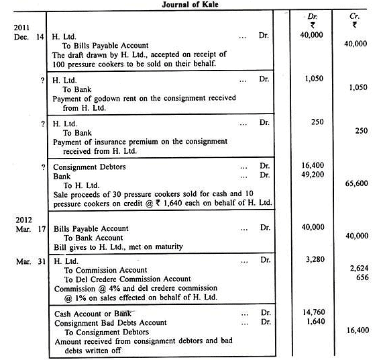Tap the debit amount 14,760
pyautogui.click(x=312, y=312)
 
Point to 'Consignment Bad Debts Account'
pyautogui.click(x=101, y=322)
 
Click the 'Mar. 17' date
pyautogui.click(x=24, y=228)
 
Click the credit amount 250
pyautogui.click(x=361, y=132)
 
